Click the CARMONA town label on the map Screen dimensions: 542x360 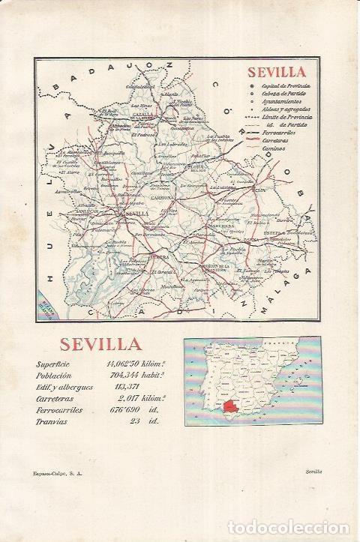point(163,198)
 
